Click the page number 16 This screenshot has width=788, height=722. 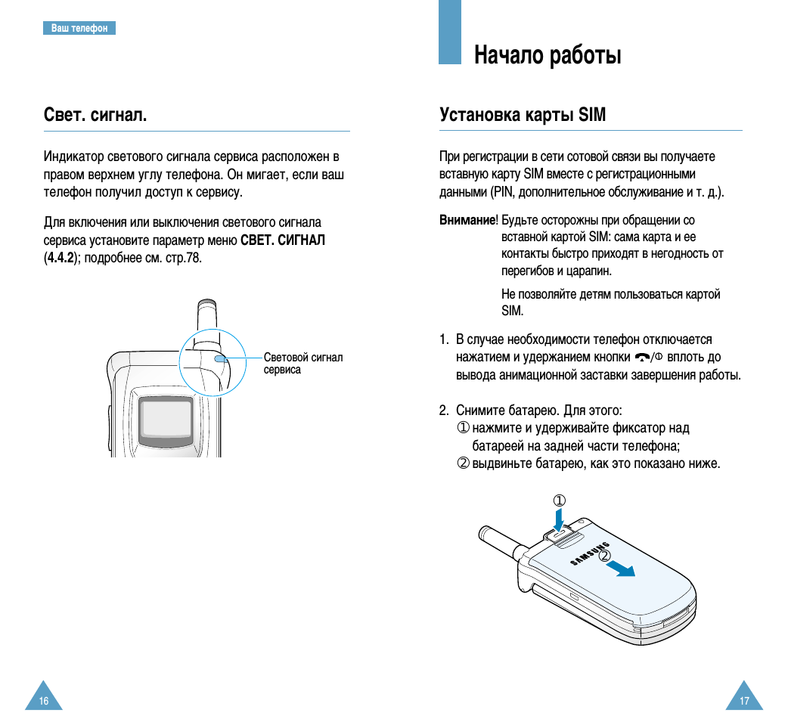click(x=44, y=701)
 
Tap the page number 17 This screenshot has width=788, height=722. click(x=744, y=701)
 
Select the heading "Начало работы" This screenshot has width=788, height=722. click(x=548, y=55)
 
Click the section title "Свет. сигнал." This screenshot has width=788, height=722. click(x=95, y=115)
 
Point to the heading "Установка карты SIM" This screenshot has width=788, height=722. click(x=523, y=115)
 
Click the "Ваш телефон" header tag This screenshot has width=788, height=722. click(x=79, y=28)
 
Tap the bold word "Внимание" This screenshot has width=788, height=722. click(x=467, y=220)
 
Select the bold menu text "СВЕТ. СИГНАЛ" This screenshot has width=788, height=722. click(x=283, y=240)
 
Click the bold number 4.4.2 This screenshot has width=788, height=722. click(x=60, y=258)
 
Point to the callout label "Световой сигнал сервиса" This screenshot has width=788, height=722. click(x=302, y=363)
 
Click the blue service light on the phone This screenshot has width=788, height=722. click(x=220, y=358)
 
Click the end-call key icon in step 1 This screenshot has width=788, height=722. click(x=643, y=357)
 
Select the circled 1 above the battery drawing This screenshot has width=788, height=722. click(x=559, y=500)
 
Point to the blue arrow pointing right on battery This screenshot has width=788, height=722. click(x=622, y=569)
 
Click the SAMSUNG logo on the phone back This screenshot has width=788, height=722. click(x=590, y=553)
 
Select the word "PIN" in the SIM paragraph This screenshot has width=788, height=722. click(x=504, y=192)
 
